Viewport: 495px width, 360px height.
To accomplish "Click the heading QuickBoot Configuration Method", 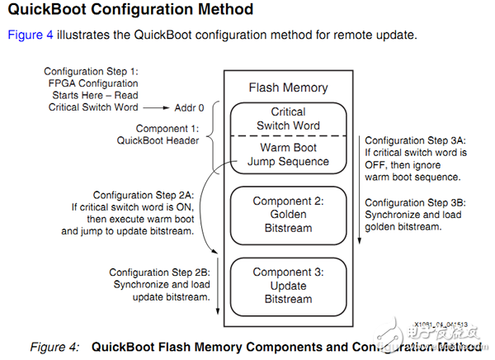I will (x=130, y=12).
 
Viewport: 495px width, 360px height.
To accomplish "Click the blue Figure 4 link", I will (x=30, y=36).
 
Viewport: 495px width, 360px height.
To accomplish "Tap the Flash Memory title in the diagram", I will (x=288, y=88).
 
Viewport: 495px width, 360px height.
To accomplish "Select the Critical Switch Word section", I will (x=288, y=117).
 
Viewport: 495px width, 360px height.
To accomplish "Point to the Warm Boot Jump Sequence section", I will (x=288, y=154).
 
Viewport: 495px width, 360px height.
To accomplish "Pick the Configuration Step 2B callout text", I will (x=160, y=283).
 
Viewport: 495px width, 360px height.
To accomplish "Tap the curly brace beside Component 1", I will (x=207, y=135).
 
